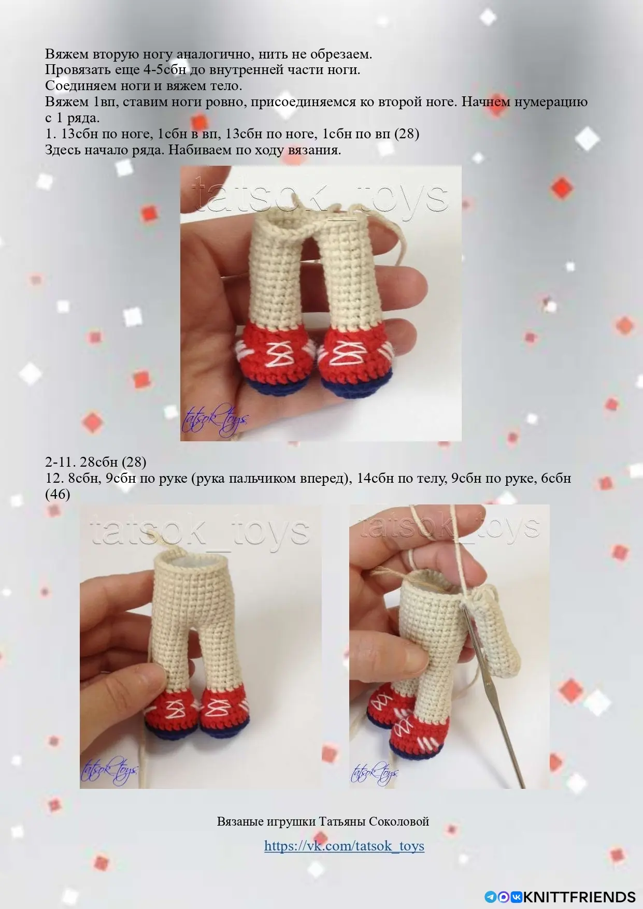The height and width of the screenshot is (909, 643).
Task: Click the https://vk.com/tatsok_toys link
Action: point(344,846)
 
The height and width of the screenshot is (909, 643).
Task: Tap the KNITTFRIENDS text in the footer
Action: point(580,897)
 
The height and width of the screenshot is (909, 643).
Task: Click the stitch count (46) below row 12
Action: point(58,494)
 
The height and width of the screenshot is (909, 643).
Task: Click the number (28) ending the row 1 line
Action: point(407,134)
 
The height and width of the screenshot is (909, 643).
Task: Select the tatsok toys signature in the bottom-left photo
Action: point(109,770)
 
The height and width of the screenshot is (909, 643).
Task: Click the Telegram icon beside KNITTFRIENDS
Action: point(490,897)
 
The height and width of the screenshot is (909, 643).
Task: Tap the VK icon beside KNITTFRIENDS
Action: point(517,897)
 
